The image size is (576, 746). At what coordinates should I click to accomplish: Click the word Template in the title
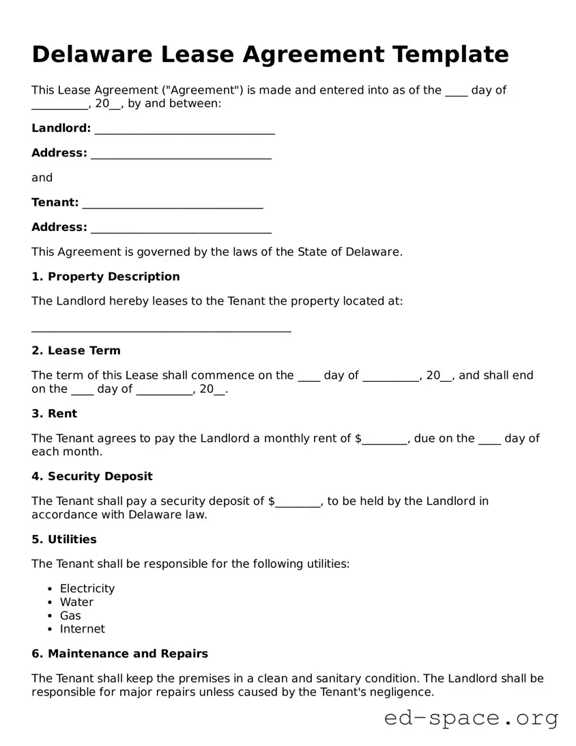click(450, 54)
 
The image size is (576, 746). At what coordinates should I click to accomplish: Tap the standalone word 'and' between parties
click(42, 178)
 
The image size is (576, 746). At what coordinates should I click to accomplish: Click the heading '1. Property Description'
click(106, 277)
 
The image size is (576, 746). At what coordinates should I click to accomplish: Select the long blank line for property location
click(161, 329)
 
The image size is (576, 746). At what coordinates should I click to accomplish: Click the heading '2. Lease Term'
click(76, 350)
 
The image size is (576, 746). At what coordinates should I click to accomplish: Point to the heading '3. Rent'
click(54, 413)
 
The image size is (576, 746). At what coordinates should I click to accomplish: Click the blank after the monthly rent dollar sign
click(384, 439)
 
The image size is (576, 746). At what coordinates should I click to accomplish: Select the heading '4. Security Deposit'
click(92, 476)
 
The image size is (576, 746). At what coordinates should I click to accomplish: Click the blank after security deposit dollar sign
click(298, 502)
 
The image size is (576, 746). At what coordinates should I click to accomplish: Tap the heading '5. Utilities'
click(64, 539)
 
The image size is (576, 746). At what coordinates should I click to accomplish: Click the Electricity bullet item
click(87, 588)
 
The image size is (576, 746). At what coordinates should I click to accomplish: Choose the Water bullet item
click(76, 602)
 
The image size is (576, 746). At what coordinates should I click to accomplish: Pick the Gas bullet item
click(70, 616)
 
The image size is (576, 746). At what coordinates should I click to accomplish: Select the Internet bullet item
click(82, 628)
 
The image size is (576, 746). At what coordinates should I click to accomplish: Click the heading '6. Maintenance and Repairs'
click(119, 654)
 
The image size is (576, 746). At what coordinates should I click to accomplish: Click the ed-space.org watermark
click(471, 718)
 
